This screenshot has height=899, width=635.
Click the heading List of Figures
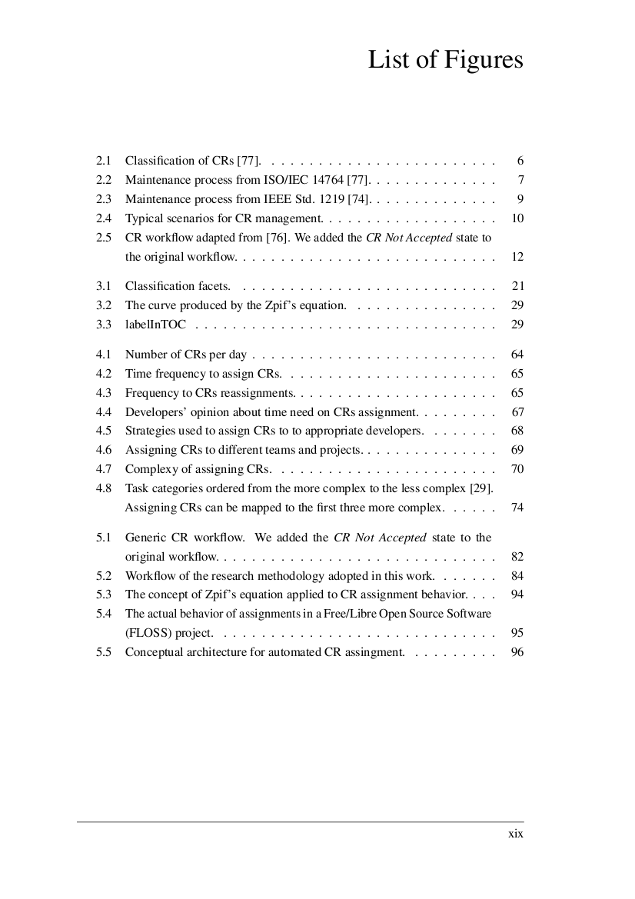(445, 59)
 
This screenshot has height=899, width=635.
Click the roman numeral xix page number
(516, 834)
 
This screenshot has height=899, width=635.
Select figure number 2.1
(104, 161)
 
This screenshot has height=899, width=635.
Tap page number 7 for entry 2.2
(520, 180)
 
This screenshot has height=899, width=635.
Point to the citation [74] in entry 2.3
(359, 199)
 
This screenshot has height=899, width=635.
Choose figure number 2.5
(104, 238)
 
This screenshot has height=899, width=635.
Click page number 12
(517, 256)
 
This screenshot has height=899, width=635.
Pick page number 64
(517, 355)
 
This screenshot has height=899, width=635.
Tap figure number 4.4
(104, 412)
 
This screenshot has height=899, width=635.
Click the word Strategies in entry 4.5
(149, 431)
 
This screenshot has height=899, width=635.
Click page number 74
(517, 508)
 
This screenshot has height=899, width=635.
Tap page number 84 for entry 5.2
(517, 575)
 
